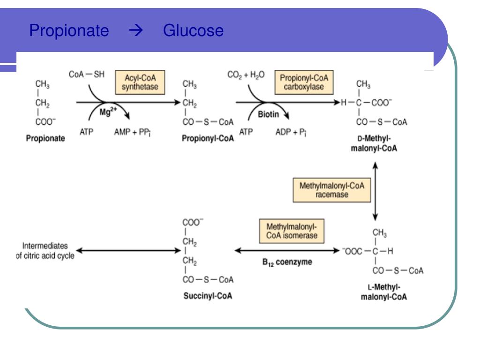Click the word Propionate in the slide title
(69, 31)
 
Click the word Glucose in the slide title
(193, 30)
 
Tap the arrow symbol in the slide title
(136, 30)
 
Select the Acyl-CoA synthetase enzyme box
(140, 82)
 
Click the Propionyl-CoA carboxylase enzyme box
(304, 82)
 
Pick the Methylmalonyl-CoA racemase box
(332, 190)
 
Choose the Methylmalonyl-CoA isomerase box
(292, 231)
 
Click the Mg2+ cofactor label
(108, 112)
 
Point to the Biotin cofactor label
(268, 114)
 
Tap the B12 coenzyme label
(287, 262)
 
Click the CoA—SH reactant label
(87, 75)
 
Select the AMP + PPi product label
(132, 132)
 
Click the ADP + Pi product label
(291, 132)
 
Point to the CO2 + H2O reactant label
(246, 75)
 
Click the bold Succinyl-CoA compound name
(208, 296)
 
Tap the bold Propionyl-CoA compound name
(208, 138)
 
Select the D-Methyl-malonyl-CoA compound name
(374, 143)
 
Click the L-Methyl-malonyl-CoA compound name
(384, 292)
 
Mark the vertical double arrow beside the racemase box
(375, 191)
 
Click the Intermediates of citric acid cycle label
(45, 251)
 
